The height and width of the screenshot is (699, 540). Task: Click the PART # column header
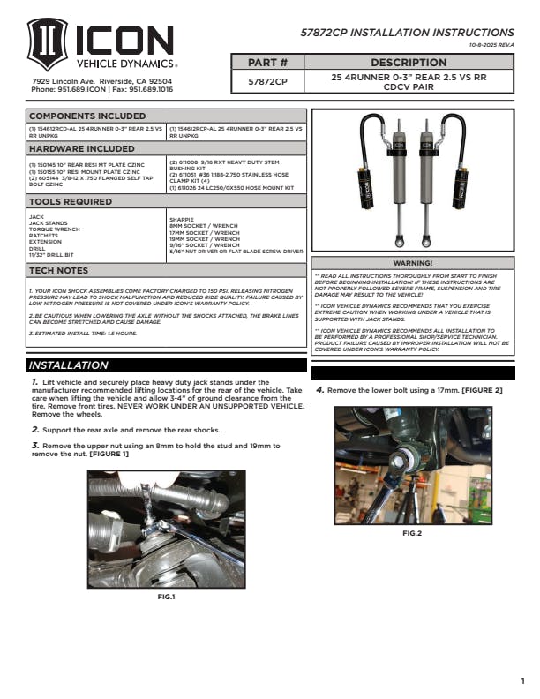click(x=268, y=63)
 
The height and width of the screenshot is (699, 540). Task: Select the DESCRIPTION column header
click(x=408, y=63)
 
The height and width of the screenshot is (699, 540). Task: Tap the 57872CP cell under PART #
click(x=268, y=82)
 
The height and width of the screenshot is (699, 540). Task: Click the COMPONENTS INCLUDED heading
click(x=88, y=116)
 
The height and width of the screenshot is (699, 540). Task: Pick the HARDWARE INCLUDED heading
click(x=82, y=149)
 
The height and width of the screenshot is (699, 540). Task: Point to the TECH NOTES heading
click(x=59, y=270)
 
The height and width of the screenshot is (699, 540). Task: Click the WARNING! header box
click(x=412, y=263)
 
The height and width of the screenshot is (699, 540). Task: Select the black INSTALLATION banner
click(x=79, y=365)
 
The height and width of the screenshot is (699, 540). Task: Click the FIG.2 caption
click(x=412, y=534)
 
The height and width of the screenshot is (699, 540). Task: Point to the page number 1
click(x=522, y=680)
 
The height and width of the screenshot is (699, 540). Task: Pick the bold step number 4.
click(x=319, y=390)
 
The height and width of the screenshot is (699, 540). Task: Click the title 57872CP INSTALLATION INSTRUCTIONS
click(x=408, y=33)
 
